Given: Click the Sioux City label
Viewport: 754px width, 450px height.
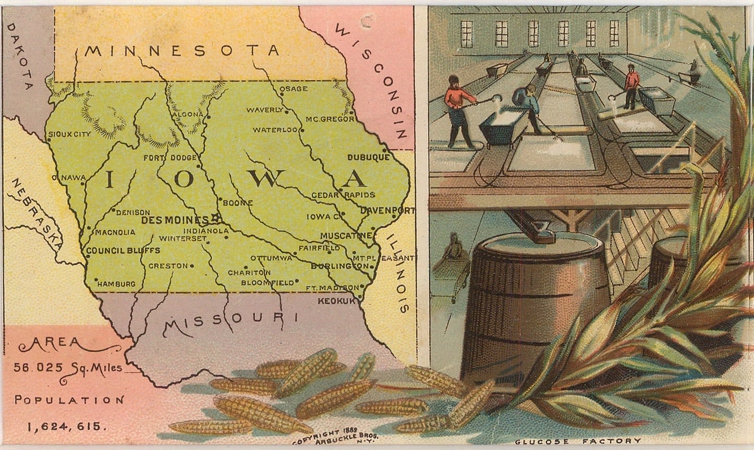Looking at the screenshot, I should point(69,134).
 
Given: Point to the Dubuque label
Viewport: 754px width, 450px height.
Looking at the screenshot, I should point(368,157).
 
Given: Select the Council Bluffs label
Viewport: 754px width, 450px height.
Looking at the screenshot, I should point(123,251).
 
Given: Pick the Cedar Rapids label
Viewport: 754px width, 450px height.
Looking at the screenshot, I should point(343,195).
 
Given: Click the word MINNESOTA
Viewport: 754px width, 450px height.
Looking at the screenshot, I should point(182,51).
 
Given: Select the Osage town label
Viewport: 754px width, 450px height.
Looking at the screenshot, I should point(294,89).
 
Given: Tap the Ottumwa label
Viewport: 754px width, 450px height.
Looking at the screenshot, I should point(271,258).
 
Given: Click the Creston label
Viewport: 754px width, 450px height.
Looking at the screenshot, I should point(168,266).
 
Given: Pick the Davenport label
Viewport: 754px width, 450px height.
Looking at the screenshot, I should point(387,211).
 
